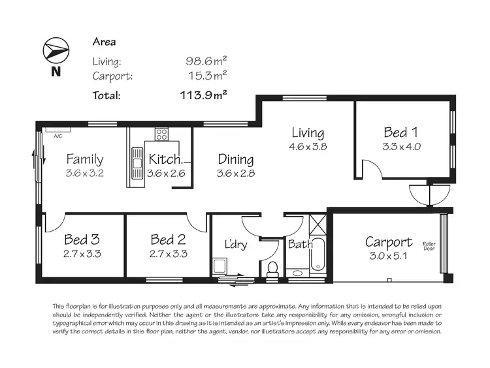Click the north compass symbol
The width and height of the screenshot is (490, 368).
coord(55,51)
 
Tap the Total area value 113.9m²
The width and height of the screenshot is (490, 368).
coord(203,95)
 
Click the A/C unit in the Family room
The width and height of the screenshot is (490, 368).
coord(57,136)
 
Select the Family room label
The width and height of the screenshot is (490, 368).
coord(85,159)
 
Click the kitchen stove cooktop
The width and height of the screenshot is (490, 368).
coord(161,135)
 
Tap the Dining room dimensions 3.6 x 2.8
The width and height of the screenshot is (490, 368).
coord(235,174)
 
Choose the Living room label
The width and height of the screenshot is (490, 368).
coord(308,133)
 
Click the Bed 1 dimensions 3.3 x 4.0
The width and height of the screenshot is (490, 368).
coord(401,146)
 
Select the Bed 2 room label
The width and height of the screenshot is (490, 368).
coord(169,239)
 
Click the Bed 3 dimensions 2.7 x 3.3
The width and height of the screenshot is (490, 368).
coord(82,253)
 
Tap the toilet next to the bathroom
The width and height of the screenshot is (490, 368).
coord(272,268)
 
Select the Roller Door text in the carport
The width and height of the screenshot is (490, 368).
coord(429,245)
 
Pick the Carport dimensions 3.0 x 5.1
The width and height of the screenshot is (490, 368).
coord(388,256)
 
